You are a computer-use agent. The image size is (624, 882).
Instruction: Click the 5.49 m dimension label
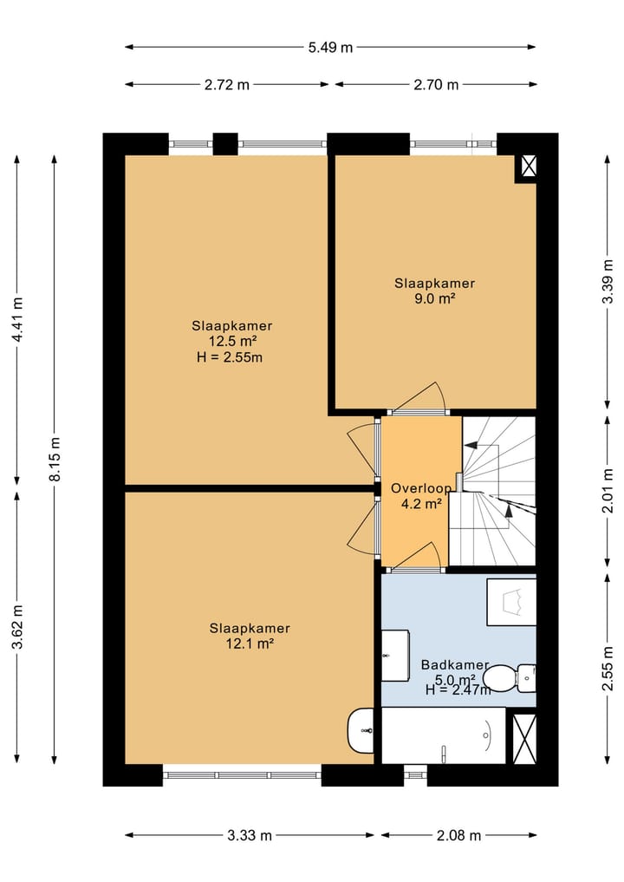pyautogui.click(x=330, y=47)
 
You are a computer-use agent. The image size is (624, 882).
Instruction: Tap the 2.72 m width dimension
pyautogui.click(x=226, y=85)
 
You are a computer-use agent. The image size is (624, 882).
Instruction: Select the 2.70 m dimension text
pyautogui.click(x=436, y=85)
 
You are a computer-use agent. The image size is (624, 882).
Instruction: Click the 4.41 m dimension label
pyautogui.click(x=17, y=319)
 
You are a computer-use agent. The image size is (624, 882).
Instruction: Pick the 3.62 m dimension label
pyautogui.click(x=17, y=627)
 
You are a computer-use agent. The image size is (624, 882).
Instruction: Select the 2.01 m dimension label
pyautogui.click(x=608, y=491)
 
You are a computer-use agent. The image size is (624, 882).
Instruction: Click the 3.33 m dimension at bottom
pyautogui.click(x=249, y=836)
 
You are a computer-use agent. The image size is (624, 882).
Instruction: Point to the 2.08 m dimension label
pyautogui.click(x=458, y=836)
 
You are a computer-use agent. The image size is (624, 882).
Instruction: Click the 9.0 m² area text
pyautogui.click(x=434, y=298)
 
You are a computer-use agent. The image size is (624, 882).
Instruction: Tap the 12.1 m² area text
pyautogui.click(x=250, y=644)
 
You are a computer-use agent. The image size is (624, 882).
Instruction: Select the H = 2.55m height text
pyautogui.click(x=230, y=357)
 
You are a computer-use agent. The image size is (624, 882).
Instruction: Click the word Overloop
pyautogui.click(x=421, y=488)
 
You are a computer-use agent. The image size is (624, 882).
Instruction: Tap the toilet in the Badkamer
pyautogui.click(x=510, y=678)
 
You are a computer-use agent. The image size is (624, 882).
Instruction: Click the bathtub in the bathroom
pyautogui.click(x=444, y=735)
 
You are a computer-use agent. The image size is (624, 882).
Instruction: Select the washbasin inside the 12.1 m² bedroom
pyautogui.click(x=361, y=730)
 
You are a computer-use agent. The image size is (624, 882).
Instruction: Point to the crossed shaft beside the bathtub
pyautogui.click(x=524, y=739)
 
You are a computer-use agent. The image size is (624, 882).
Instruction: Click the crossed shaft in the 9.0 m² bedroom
pyautogui.click(x=529, y=166)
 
